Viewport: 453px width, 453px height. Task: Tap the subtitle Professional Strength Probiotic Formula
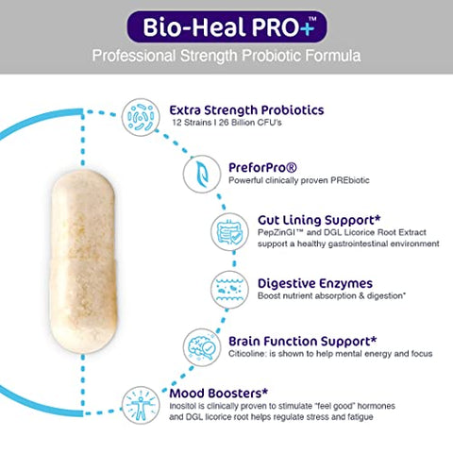[x=226, y=56]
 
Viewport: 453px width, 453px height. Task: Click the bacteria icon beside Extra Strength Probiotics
[x=143, y=119]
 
